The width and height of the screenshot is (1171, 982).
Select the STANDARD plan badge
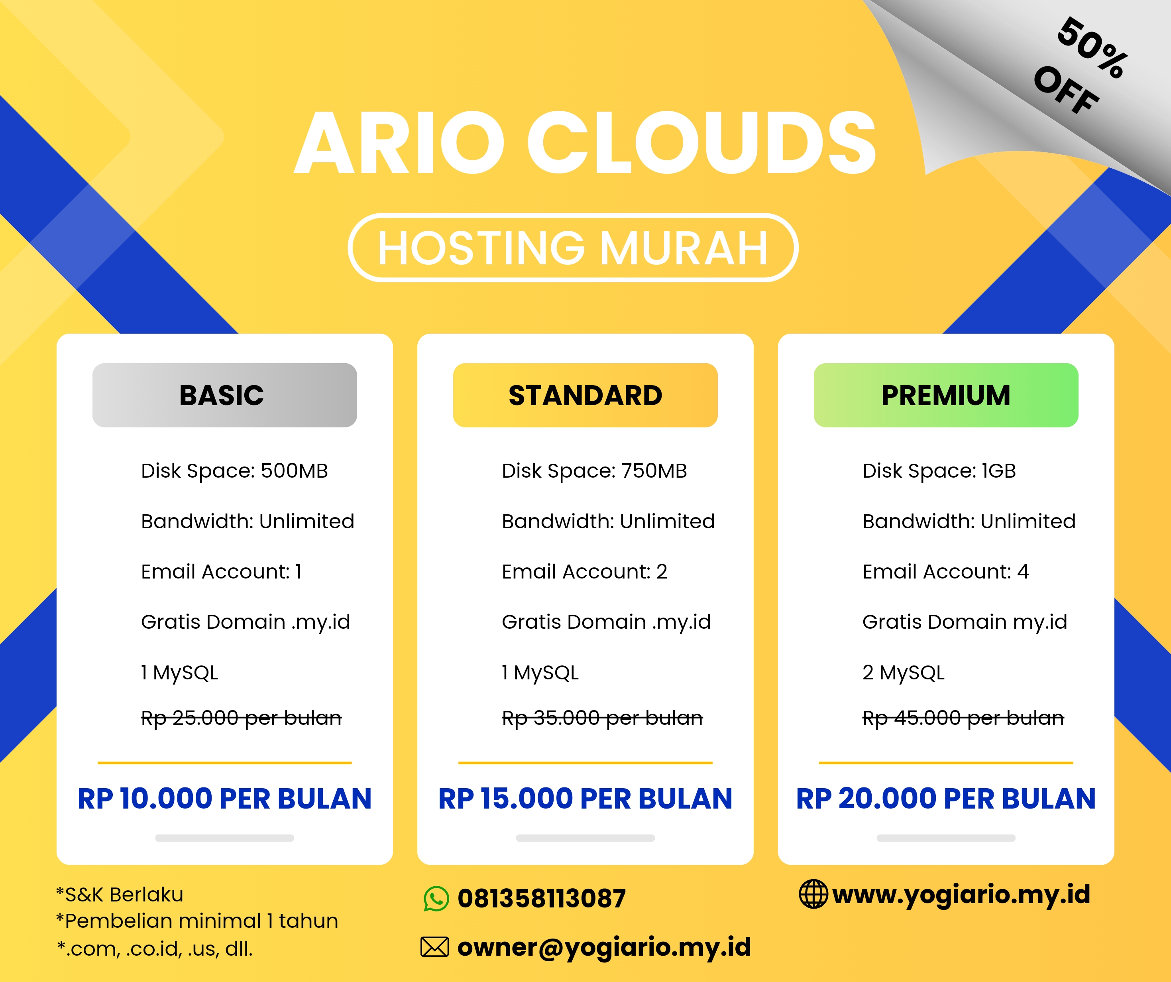point(585,395)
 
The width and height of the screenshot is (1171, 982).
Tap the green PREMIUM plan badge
point(946,395)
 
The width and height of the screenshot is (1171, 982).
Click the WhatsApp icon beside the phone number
point(436,899)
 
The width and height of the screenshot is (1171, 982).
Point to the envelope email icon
point(434,947)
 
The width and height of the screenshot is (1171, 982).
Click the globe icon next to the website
point(813,894)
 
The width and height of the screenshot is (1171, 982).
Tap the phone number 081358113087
point(541,899)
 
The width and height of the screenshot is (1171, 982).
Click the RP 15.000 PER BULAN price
point(585,799)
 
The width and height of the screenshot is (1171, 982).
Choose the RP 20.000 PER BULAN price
point(946,799)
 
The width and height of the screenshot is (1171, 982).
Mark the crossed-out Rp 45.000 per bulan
point(963,718)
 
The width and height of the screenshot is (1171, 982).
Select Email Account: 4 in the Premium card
point(946,572)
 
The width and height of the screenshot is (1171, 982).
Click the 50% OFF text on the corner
point(1079,67)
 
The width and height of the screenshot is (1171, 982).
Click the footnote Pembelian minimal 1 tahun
point(197,921)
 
